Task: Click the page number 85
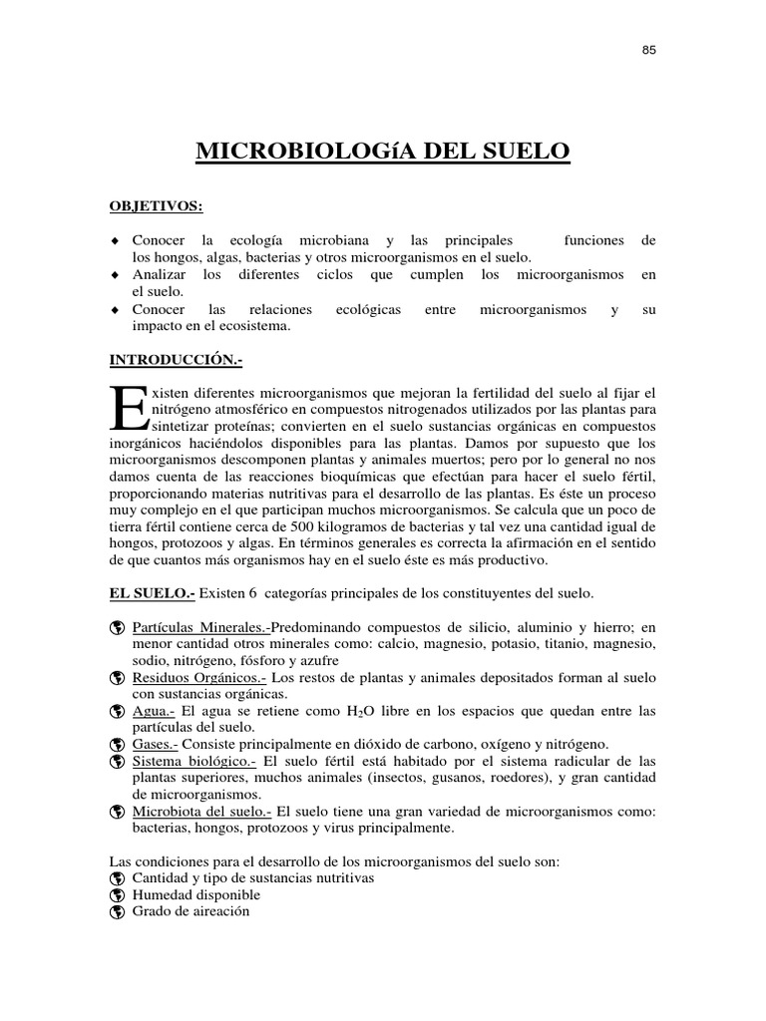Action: [648, 49]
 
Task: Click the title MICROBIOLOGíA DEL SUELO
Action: [383, 152]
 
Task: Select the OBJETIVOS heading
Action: [155, 206]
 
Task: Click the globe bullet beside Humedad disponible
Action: [117, 895]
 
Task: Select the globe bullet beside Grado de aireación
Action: [117, 912]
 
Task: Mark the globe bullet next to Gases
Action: [117, 746]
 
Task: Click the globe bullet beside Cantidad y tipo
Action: [117, 878]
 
